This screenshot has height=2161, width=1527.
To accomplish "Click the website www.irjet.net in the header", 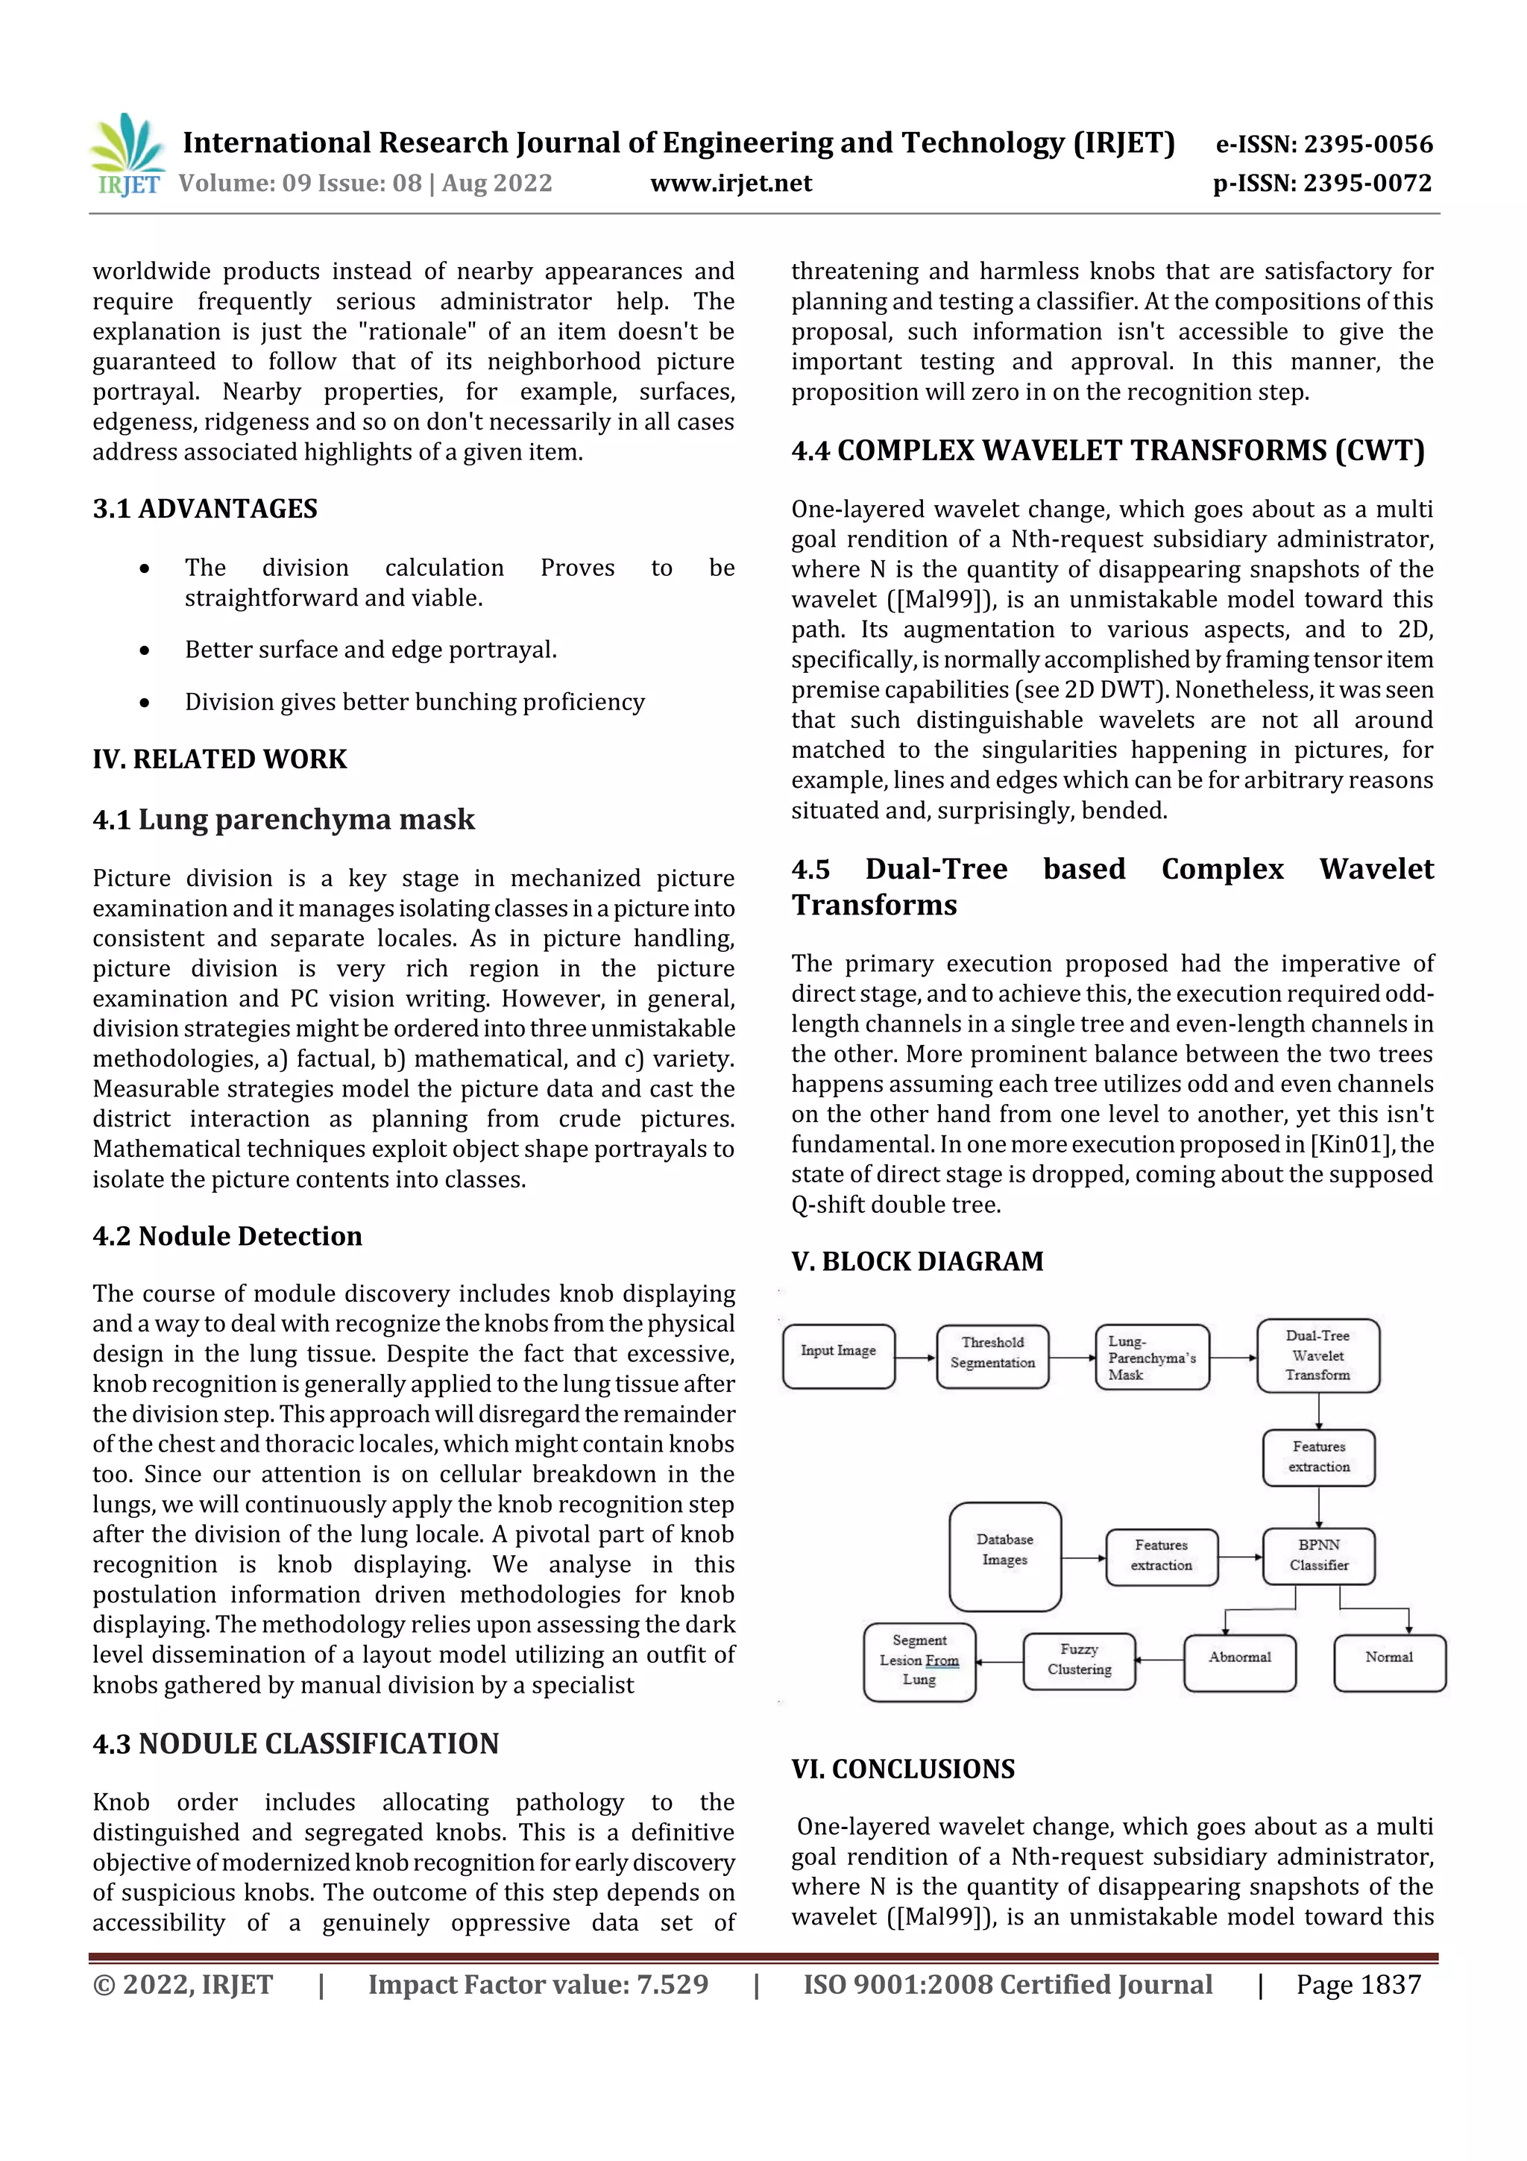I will click(x=730, y=184).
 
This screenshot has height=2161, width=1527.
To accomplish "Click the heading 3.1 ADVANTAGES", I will click(x=205, y=509).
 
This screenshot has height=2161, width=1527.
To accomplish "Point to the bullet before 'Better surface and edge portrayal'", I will click(x=144, y=650).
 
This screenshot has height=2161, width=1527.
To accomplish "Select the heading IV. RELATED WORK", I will click(x=219, y=759).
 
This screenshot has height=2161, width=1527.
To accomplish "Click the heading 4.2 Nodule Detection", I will click(x=227, y=1236).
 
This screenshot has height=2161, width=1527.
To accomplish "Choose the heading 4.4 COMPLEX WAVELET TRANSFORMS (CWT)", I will click(x=1107, y=451).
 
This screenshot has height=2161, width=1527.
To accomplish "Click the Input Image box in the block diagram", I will click(x=838, y=1356).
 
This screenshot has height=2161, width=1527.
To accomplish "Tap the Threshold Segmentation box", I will click(x=992, y=1356).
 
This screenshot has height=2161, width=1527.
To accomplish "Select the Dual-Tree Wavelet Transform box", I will click(x=1317, y=1355).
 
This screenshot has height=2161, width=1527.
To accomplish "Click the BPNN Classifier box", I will click(x=1318, y=1556).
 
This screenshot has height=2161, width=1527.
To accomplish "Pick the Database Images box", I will click(x=1005, y=1557).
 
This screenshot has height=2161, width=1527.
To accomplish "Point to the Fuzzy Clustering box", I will click(x=1079, y=1661).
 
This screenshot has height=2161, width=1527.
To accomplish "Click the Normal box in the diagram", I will click(x=1389, y=1662).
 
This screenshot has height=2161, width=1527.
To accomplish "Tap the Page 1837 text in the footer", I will click(x=1358, y=1985).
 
